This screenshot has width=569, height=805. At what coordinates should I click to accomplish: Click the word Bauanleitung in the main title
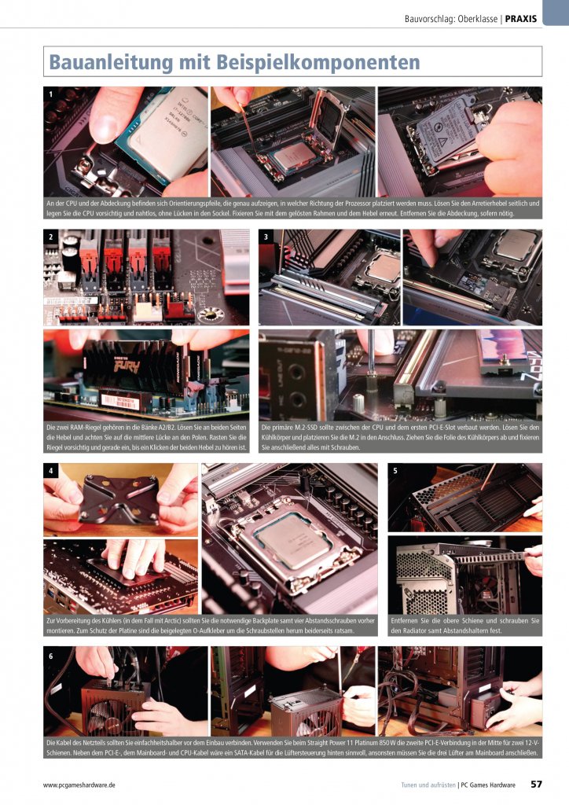[x=112, y=63]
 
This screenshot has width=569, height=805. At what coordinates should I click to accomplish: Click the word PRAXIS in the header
[x=521, y=19]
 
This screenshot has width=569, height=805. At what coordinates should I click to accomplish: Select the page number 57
[x=536, y=784]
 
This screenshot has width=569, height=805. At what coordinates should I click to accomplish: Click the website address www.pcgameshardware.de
[x=79, y=785]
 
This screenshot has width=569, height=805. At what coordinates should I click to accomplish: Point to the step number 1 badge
[x=51, y=94]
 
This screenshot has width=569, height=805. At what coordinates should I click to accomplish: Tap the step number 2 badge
[x=51, y=237]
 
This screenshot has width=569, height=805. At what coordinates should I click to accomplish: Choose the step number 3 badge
[x=266, y=237]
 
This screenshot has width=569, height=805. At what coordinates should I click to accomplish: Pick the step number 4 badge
[x=51, y=470]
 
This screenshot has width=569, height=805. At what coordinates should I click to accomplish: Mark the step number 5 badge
[x=395, y=470]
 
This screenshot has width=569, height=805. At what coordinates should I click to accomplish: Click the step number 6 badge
[x=51, y=656]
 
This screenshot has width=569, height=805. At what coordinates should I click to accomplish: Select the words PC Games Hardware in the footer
[x=488, y=785]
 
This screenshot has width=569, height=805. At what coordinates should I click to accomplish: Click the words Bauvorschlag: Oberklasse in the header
[x=450, y=19]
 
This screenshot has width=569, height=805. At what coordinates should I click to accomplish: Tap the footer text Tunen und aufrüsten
[x=428, y=785]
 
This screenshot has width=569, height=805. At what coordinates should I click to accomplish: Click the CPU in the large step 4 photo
[x=290, y=540]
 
